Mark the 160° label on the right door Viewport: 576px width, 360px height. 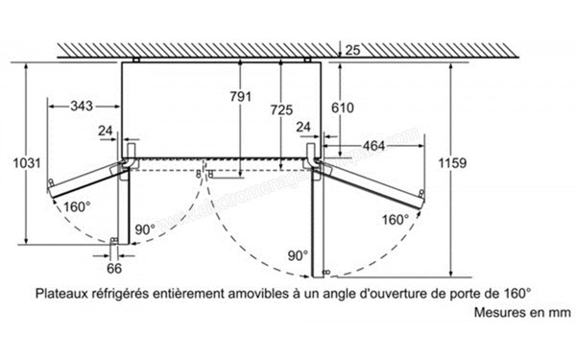pos(394,220)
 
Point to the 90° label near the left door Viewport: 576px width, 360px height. pos(144,229)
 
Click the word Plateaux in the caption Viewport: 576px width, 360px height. pos(63,294)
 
